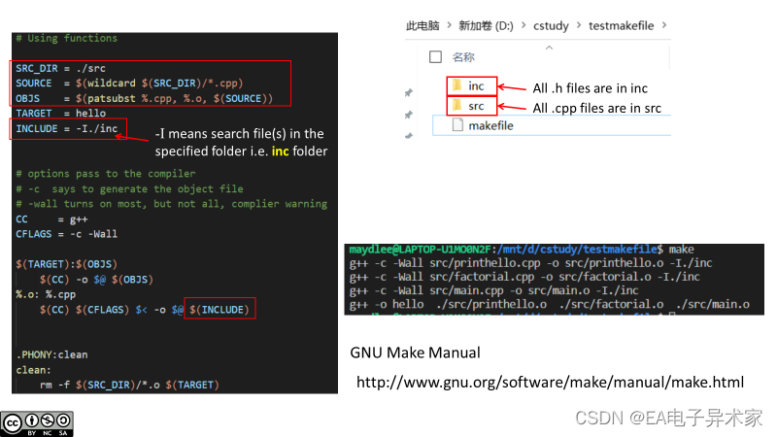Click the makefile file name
click(490, 125)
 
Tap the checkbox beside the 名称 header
click(434, 56)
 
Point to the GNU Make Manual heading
click(415, 352)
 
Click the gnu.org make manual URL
click(550, 383)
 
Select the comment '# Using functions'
click(66, 39)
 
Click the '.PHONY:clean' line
click(51, 354)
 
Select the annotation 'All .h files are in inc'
click(590, 88)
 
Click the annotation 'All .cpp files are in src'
click(596, 108)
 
